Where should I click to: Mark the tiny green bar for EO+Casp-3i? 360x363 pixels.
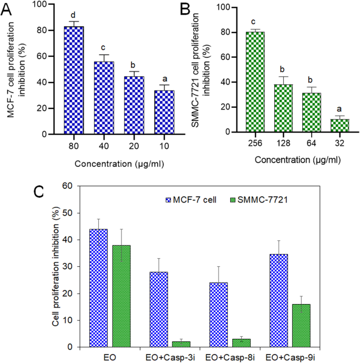pyautogui.click(x=180, y=344)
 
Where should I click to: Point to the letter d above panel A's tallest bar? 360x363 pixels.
pyautogui.click(x=74, y=14)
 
